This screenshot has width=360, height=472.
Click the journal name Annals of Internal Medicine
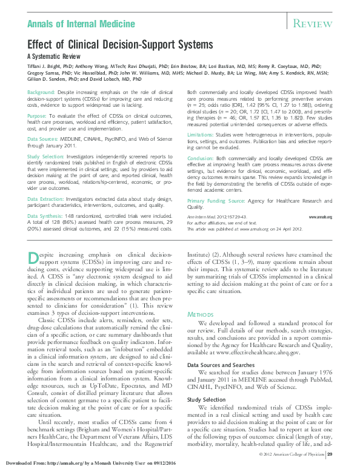(x=81, y=24)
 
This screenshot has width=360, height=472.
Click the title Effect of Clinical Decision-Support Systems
(x=120, y=44)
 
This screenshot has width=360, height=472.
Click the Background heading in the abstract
(x=41, y=91)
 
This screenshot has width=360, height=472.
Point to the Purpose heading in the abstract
(x=37, y=115)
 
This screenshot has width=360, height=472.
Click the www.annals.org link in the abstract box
(x=321, y=216)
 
